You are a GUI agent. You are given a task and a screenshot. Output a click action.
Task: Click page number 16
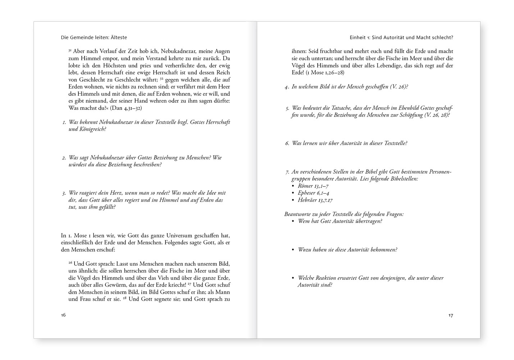pyautogui.click(x=63, y=315)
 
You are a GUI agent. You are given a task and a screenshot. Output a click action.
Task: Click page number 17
pyautogui.click(x=451, y=315)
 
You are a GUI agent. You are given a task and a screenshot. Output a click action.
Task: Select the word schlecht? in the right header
pyautogui.click(x=441, y=37)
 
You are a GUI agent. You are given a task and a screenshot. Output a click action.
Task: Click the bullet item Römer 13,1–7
pyautogui.click(x=313, y=186)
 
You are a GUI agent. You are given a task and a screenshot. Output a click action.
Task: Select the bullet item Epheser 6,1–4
pyautogui.click(x=314, y=193)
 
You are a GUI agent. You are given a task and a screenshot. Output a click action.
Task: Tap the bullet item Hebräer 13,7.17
pyautogui.click(x=315, y=200)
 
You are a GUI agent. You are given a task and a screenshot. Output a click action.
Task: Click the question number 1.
pyautogui.click(x=64, y=122)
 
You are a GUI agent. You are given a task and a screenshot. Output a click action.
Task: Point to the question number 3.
pyautogui.click(x=64, y=193)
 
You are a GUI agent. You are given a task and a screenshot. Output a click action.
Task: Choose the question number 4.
pyautogui.click(x=287, y=87)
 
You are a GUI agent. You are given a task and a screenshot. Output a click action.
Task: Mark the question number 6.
pyautogui.click(x=287, y=143)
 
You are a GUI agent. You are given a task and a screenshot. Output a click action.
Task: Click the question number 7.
pyautogui.click(x=287, y=172)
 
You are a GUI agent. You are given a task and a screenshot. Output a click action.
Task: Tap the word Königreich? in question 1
pyautogui.click(x=92, y=129)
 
